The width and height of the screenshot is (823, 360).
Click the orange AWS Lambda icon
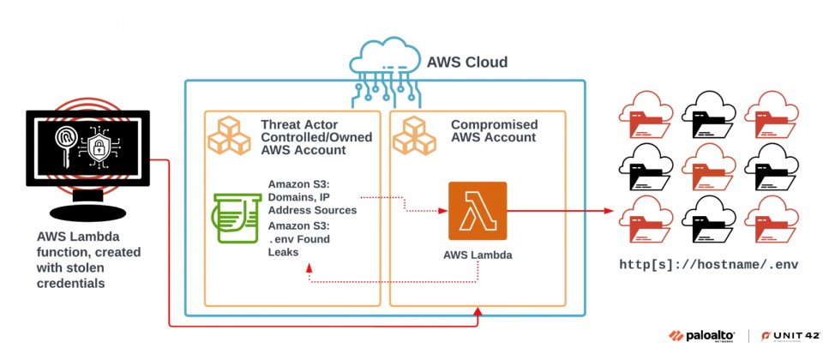click(478, 211)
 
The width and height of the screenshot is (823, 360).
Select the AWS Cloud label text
click(467, 62)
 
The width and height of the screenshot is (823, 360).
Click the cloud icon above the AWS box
click(385, 66)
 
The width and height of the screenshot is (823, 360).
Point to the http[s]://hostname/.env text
click(709, 265)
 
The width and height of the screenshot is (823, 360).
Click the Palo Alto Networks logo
click(702, 336)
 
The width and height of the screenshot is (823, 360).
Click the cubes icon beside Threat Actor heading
click(230, 135)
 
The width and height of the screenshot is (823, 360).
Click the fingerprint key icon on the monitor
click(66, 145)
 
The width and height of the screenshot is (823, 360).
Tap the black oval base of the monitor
click(87, 212)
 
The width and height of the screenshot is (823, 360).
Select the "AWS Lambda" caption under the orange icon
click(478, 255)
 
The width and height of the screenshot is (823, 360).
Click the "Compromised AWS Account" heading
click(495, 131)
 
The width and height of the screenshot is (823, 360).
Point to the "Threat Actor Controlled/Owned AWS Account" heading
click(316, 137)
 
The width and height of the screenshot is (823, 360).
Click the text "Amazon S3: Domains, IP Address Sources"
click(312, 197)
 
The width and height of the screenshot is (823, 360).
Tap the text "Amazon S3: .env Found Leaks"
click(299, 239)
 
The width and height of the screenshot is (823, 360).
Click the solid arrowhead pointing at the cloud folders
click(609, 211)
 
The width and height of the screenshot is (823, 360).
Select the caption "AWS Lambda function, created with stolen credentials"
click(88, 260)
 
